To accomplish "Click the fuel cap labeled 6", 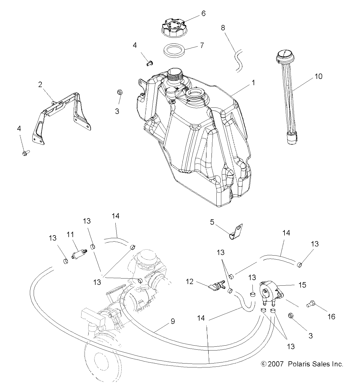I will coord(172,27).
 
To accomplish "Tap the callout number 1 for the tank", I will coord(253,83).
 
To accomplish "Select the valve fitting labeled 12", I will coord(216,285).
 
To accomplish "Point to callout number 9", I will coord(173,321).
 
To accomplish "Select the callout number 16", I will coord(331,316).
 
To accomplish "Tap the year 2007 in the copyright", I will coord(276,364).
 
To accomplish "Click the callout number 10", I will coord(319,77).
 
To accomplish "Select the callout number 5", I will coord(212,222).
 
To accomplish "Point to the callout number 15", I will coord(302,285).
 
